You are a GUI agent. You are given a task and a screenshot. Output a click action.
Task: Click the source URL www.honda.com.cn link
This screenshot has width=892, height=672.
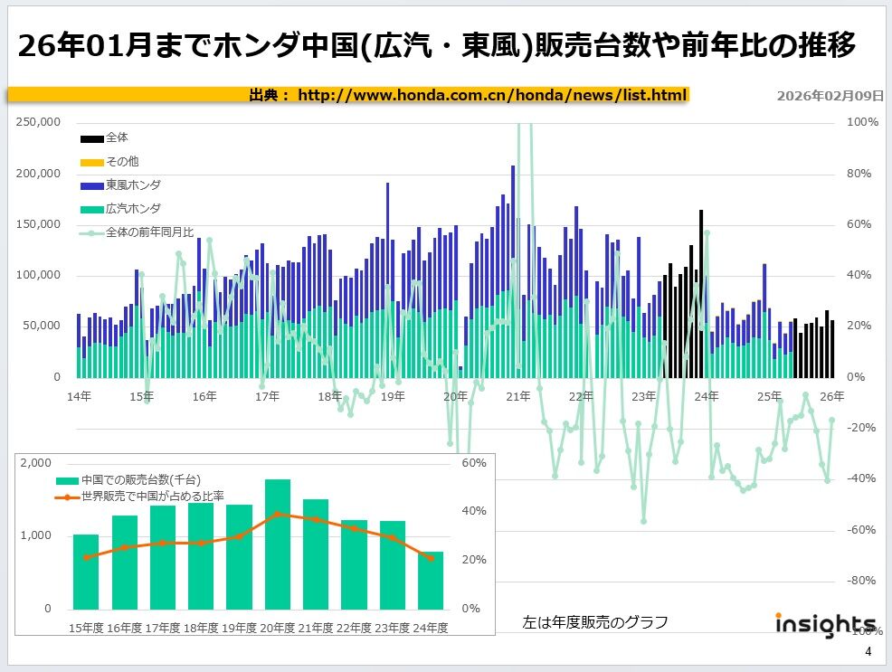(x=492, y=95)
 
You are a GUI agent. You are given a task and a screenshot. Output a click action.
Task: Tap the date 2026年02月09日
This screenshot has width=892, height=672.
(x=830, y=96)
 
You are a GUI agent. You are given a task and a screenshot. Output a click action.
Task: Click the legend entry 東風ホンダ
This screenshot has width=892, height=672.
(x=134, y=185)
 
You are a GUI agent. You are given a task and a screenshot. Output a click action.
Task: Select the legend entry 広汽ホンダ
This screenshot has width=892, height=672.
(x=134, y=209)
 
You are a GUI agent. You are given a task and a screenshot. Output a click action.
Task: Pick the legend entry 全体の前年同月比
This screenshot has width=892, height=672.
(x=149, y=232)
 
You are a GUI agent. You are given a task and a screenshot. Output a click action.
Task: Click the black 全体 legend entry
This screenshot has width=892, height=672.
(x=117, y=137)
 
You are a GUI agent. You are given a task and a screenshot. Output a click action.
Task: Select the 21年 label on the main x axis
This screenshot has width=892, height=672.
(x=518, y=396)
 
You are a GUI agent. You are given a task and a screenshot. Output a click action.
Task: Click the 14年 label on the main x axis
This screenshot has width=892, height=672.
(x=79, y=396)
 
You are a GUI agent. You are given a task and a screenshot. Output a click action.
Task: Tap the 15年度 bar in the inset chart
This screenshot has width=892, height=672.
(x=86, y=572)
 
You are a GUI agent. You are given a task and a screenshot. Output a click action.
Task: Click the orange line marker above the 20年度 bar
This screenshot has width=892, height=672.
(x=277, y=514)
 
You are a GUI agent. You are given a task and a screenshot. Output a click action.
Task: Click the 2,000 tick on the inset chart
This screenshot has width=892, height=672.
(x=37, y=463)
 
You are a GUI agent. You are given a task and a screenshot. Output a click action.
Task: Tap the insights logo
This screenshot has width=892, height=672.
(x=825, y=624)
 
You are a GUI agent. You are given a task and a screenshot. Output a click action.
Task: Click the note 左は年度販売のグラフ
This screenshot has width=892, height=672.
(x=594, y=622)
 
